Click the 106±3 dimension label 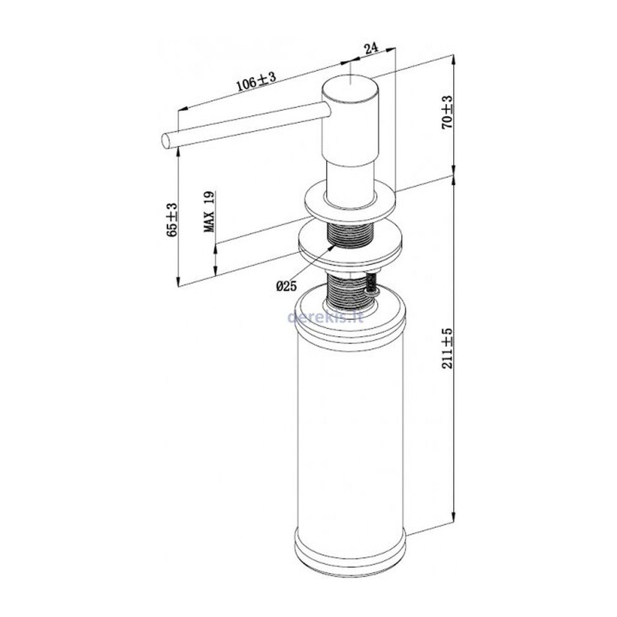(x=256, y=82)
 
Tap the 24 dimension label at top (x=371, y=49)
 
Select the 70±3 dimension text (x=448, y=113)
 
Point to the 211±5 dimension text (x=448, y=349)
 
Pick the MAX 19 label (x=209, y=211)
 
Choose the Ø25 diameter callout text (x=286, y=286)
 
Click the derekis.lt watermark (x=326, y=316)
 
